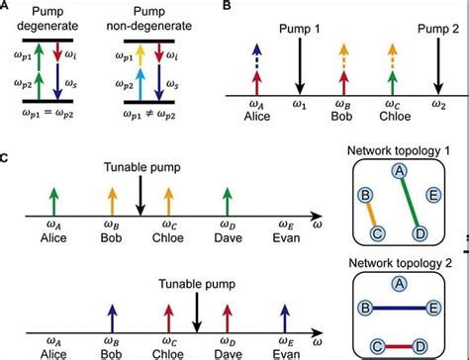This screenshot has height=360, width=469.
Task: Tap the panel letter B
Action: pos(229,7)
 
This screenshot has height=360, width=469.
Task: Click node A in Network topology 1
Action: pos(399,172)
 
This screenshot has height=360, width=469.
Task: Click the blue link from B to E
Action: pos(404,310)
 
